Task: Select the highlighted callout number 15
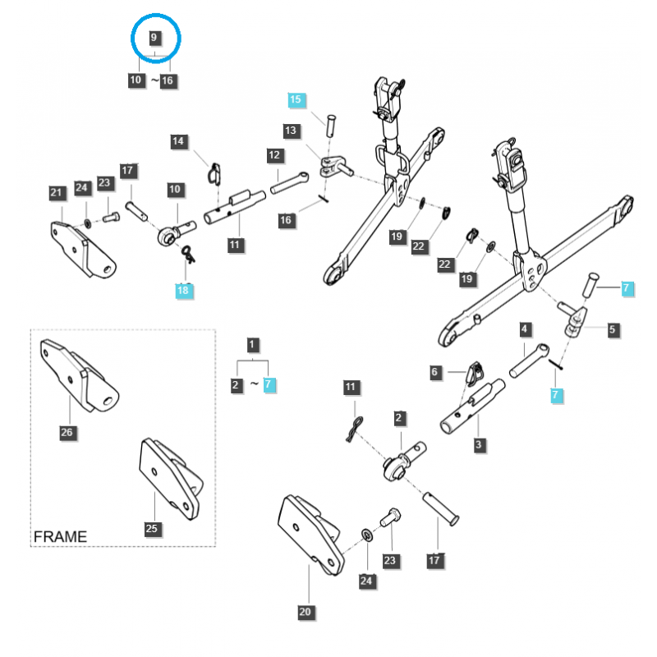coord(296,100)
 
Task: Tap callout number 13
coord(291,131)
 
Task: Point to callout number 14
coord(179,141)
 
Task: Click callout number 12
coord(274,154)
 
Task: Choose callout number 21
coord(56,194)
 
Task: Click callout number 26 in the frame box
coord(67,432)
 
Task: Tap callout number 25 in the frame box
coord(151,528)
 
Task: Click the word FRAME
coord(60,536)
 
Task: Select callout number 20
coord(306,612)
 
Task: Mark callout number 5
coord(613,330)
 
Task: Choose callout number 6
coord(436,372)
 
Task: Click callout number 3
coord(478,445)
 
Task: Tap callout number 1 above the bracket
coord(253,345)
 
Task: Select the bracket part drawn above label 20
coord(308,533)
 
